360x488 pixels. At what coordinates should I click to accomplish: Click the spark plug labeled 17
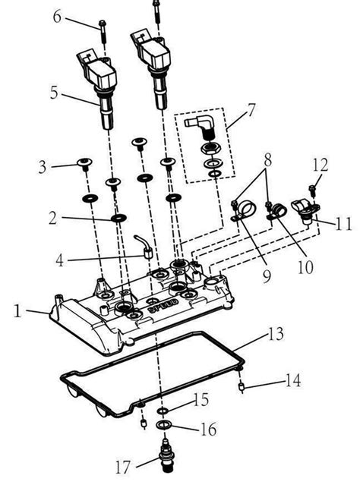165,458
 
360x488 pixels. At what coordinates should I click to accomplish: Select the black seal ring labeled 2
119,219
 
